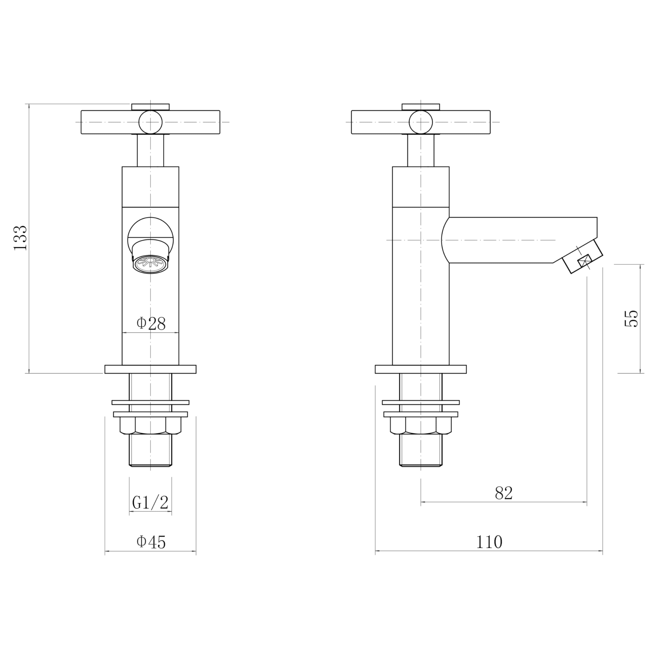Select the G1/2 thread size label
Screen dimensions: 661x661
click(150, 503)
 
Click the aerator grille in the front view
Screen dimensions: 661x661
click(151, 264)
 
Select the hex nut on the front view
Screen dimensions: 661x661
click(151, 426)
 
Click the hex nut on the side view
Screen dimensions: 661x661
click(421, 426)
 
